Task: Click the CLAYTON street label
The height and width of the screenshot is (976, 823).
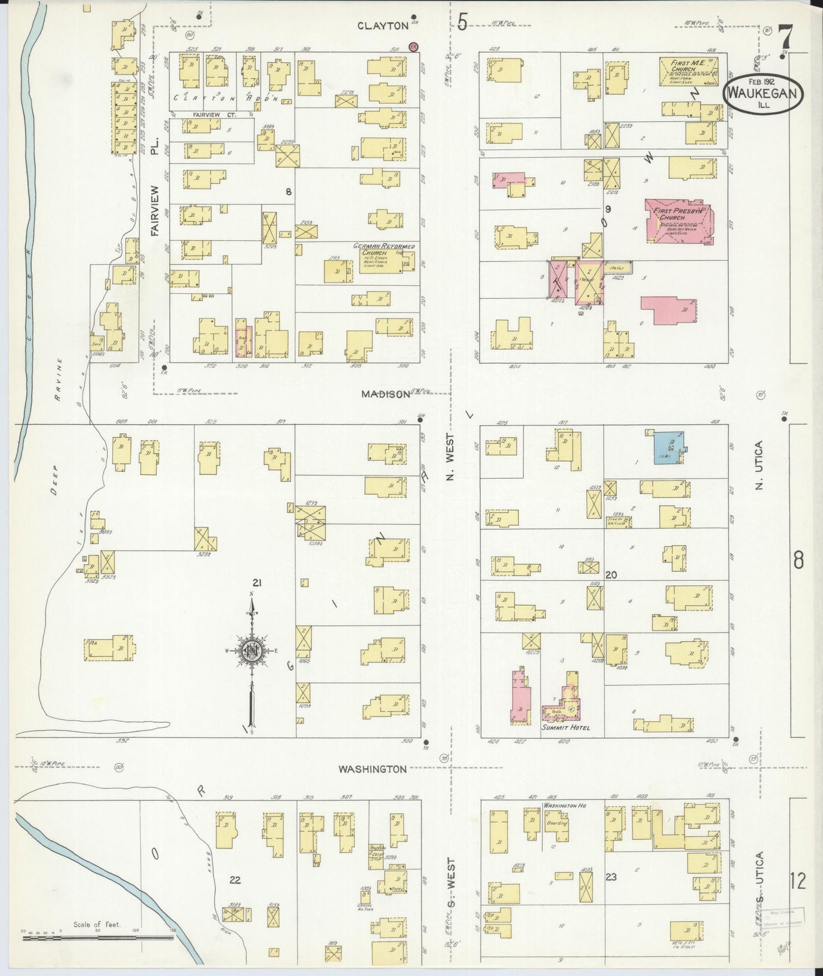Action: (x=383, y=25)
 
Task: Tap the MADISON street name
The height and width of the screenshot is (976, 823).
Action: (x=386, y=394)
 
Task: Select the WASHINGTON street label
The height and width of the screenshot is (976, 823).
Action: (x=372, y=769)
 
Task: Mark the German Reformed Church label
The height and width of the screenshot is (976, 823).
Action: (x=383, y=249)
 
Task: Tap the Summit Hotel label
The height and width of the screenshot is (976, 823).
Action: (x=566, y=728)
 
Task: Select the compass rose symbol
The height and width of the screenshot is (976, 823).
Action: (x=251, y=651)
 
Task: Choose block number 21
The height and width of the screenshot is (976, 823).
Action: (x=257, y=583)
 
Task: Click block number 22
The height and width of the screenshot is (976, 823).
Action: (x=235, y=880)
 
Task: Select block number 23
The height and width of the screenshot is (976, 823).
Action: (x=611, y=877)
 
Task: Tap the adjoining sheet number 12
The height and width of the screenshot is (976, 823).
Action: (x=798, y=881)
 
